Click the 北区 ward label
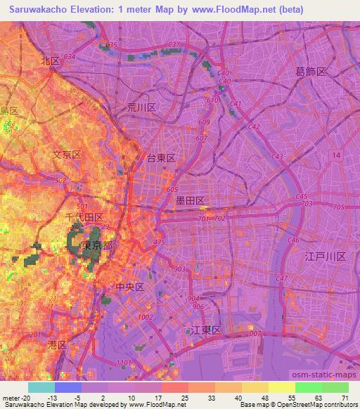(x=50, y=61)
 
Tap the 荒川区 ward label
(x=141, y=107)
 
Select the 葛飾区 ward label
(x=311, y=72)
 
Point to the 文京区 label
(x=67, y=154)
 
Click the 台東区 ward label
(x=160, y=159)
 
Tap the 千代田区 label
(x=84, y=218)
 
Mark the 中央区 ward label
(x=129, y=287)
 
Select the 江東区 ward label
(x=207, y=330)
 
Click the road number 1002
(x=146, y=317)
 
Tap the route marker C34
(x=69, y=56)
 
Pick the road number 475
(x=159, y=242)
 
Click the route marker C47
(x=282, y=279)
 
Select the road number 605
(x=172, y=190)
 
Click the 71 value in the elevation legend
(x=344, y=398)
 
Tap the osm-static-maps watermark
(x=331, y=375)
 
